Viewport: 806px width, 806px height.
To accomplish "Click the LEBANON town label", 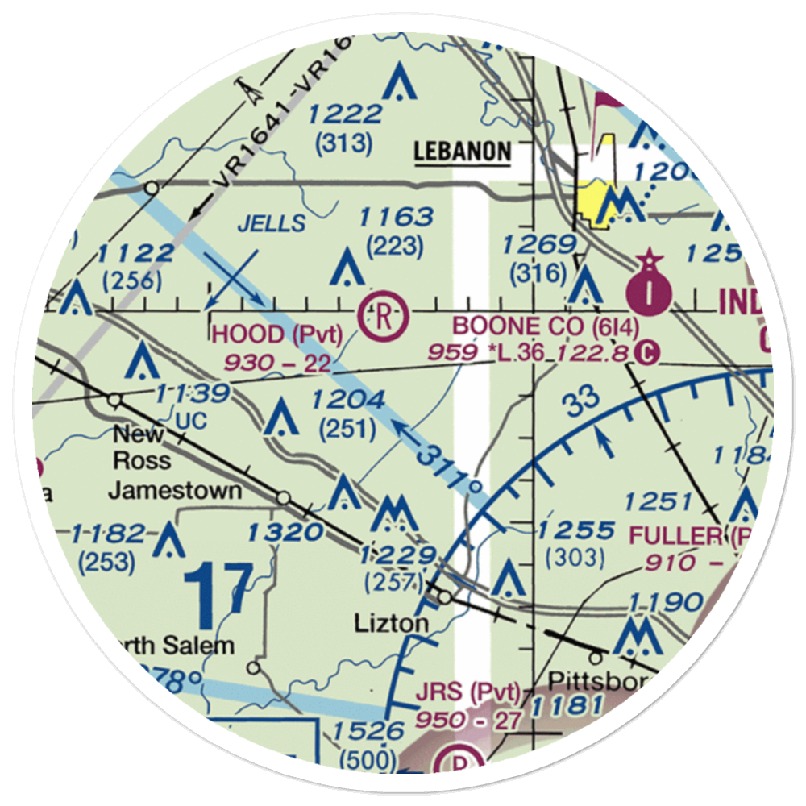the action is coord(463,152).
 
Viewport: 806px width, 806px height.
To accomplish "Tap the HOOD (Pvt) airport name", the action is coord(276,334).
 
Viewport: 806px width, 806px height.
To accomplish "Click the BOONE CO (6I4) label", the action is coord(546,326).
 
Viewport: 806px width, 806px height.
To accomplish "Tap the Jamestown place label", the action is coord(175,490).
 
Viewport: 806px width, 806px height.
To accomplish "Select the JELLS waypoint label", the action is coord(272,223).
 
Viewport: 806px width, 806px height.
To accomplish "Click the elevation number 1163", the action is coord(396,217).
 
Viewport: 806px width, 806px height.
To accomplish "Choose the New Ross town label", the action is coord(142,447).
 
